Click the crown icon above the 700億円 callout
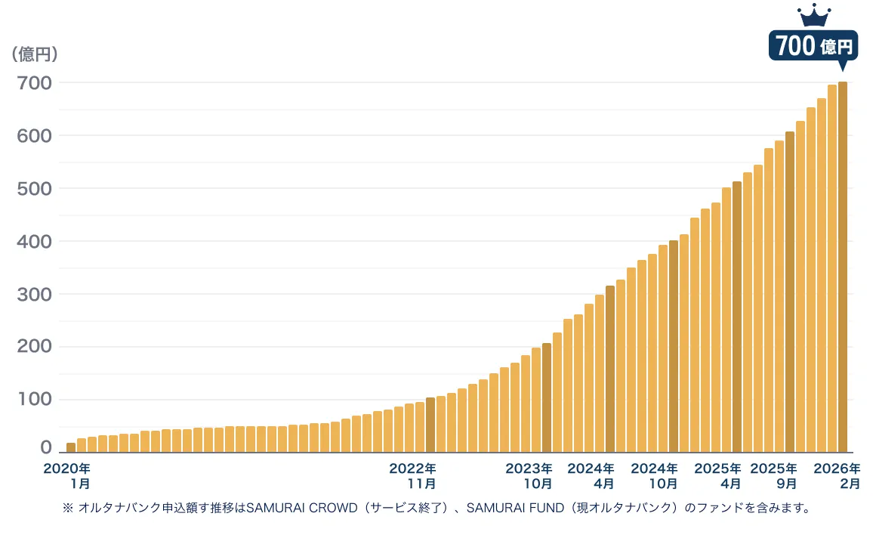point(814,14)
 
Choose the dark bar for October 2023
point(547,397)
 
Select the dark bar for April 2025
point(737,317)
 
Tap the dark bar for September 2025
point(790,292)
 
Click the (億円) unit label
point(35,54)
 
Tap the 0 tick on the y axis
point(46,448)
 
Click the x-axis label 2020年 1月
point(67,475)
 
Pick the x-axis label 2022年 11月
point(412,475)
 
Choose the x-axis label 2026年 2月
point(837,475)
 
